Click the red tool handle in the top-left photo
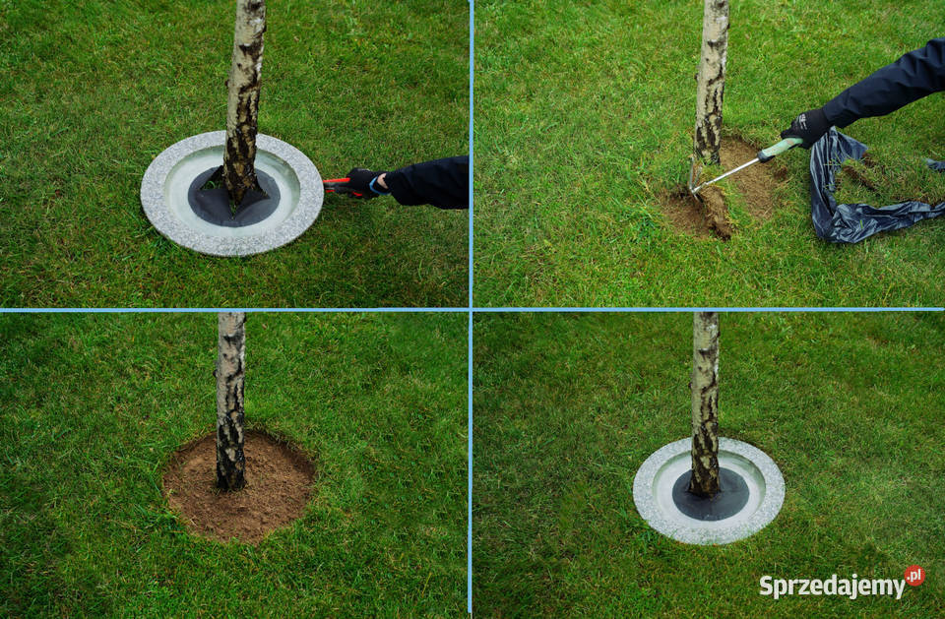click(x=335, y=184)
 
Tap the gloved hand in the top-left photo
click(x=364, y=183)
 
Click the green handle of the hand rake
click(x=780, y=150)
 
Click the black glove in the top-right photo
click(x=806, y=128)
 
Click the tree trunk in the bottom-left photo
click(x=230, y=401)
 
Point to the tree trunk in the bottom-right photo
click(x=705, y=403)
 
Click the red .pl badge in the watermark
click(x=914, y=576)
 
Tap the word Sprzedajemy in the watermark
click(x=832, y=586)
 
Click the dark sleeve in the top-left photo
click(x=429, y=183)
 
